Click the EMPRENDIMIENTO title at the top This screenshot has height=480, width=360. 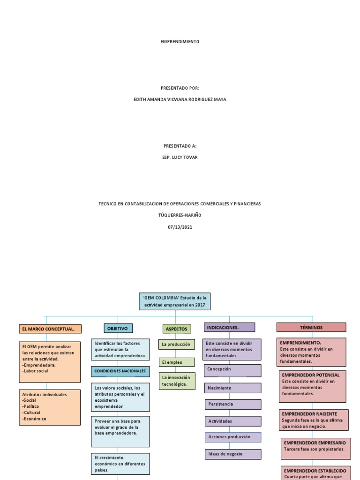click(180, 42)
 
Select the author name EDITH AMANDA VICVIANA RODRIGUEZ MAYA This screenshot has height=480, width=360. click(180, 99)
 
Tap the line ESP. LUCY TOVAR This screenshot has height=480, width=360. click(180, 157)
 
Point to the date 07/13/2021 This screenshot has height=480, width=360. click(180, 227)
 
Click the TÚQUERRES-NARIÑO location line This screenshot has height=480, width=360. click(180, 216)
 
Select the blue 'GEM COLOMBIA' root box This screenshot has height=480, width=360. click(175, 301)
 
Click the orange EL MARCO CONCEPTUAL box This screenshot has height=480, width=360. click(50, 329)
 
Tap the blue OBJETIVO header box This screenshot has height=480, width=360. click(118, 328)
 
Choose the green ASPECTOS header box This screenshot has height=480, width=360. click(176, 329)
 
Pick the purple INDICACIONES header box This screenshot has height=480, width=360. click(229, 327)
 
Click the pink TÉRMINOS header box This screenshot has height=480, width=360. click(311, 327)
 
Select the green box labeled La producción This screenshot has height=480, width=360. click(176, 345)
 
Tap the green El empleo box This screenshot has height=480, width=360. click(176, 362)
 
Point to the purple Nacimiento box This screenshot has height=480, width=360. click(232, 388)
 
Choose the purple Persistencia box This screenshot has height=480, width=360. click(232, 404)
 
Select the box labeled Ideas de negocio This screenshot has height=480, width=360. click(232, 454)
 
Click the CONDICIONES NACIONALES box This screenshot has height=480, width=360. click(120, 371)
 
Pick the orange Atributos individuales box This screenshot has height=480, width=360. click(50, 407)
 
